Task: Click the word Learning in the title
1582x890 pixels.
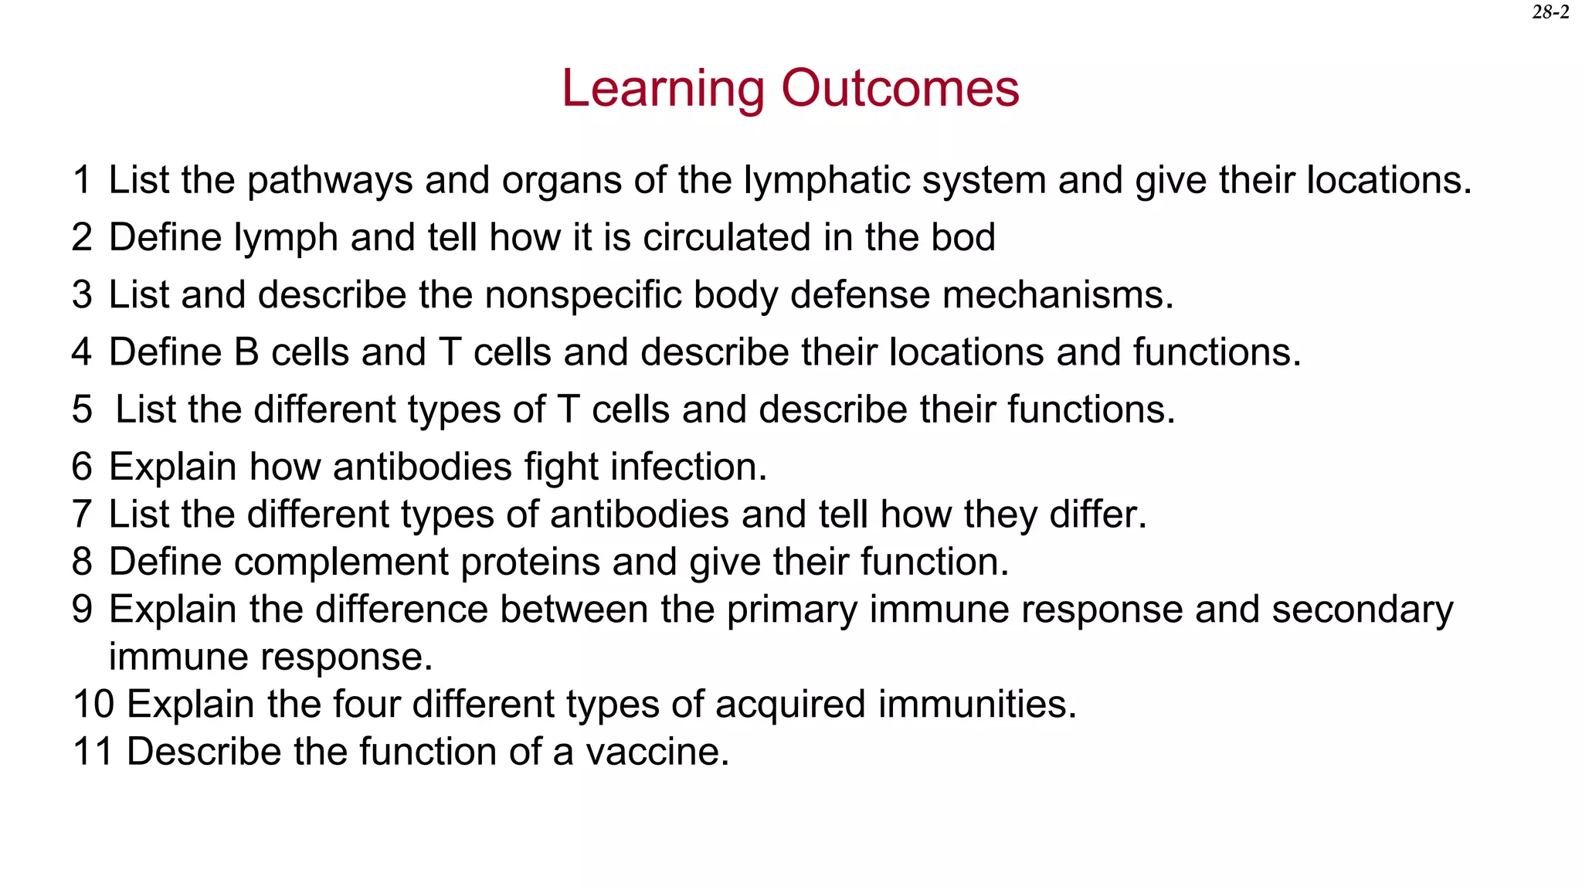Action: tap(662, 89)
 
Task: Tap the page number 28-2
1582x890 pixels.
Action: tap(1550, 12)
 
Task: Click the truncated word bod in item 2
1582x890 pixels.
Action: tap(963, 237)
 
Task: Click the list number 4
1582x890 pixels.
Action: tap(82, 352)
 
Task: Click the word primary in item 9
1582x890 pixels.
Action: tap(791, 610)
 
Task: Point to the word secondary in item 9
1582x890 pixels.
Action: tap(1363, 610)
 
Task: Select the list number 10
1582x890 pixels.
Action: tap(93, 705)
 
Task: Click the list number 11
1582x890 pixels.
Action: tap(93, 752)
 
